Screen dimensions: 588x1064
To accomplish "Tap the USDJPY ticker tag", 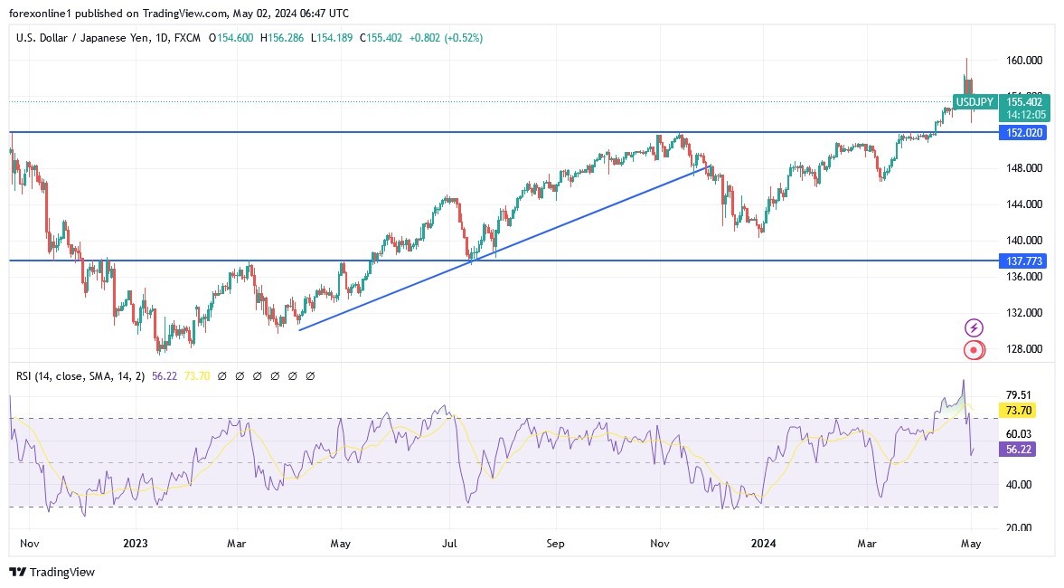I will point(975,102).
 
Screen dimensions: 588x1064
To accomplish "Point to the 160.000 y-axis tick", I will point(1024,61).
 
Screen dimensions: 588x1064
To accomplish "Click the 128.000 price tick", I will point(1024,349).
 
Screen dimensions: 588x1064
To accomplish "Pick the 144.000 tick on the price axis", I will point(1024,204).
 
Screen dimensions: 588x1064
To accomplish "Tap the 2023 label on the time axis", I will point(135,544).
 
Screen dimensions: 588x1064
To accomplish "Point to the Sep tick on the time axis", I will point(555,544).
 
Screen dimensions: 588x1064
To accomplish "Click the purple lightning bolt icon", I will point(974,327).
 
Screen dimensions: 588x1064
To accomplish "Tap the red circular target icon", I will point(974,349).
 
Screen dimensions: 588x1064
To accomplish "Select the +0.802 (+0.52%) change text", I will point(446,38).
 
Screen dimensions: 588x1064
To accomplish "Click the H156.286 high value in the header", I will point(282,38).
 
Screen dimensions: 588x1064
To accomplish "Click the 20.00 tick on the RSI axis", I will point(1019,527).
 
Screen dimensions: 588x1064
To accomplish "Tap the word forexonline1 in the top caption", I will point(42,14).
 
